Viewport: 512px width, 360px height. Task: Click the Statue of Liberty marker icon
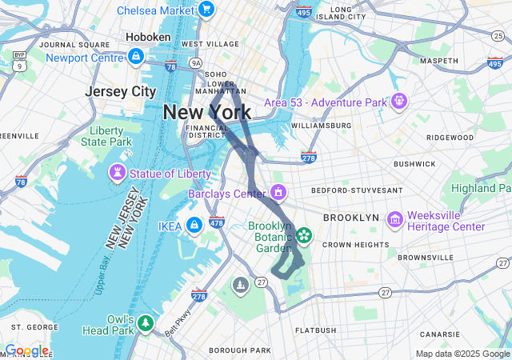coord(118,173)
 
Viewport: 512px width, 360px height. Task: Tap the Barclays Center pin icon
coord(278,192)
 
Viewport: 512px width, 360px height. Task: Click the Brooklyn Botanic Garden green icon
coord(304,234)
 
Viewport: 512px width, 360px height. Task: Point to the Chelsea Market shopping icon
coord(206,10)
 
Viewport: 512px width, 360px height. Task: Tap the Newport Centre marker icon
coord(136,57)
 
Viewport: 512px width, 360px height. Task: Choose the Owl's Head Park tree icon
coord(146,323)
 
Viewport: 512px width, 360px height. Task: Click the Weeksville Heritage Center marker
coord(394,219)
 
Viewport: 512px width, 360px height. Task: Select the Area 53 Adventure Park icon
coord(398,102)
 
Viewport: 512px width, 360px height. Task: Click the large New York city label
coord(206,112)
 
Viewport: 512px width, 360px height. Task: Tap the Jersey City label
coord(121,91)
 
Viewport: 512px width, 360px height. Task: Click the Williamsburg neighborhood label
coord(321,126)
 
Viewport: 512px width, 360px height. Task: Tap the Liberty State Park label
coord(106,136)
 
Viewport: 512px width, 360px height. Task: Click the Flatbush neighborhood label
coord(314,330)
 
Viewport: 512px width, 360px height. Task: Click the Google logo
coord(26,350)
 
